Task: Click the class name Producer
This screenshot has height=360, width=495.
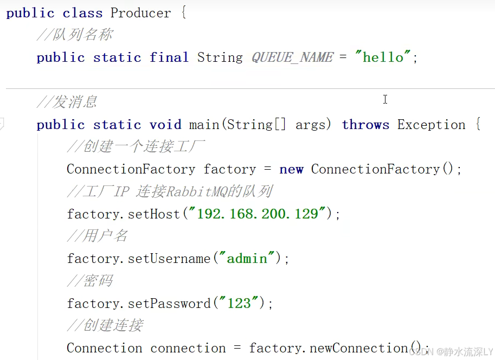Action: coord(140,13)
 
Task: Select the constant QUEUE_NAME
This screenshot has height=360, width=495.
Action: coord(292,57)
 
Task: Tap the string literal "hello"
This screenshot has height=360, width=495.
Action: coord(383,57)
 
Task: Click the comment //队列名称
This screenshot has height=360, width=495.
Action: coord(75,35)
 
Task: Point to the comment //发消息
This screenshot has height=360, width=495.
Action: coord(67,102)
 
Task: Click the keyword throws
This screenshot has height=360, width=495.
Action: coord(365,125)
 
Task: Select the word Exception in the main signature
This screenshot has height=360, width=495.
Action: coord(431,125)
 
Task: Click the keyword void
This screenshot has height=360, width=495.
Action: coord(165,125)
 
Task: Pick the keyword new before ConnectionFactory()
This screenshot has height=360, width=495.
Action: coord(291,169)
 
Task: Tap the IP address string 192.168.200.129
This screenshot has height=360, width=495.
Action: coord(257,214)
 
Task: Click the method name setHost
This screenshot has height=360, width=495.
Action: coord(154,214)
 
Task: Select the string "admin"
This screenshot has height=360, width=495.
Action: coord(247,259)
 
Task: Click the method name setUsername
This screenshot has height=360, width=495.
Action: coord(169,259)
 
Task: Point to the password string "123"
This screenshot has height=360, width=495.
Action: coord(239,304)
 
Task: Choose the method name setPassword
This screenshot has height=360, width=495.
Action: coord(169,304)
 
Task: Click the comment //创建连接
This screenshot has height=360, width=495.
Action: coord(105,325)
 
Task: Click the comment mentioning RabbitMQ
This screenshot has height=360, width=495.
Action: coord(170,191)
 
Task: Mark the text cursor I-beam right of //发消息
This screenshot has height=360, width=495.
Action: coord(385,99)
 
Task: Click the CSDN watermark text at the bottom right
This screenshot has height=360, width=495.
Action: coord(451,352)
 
